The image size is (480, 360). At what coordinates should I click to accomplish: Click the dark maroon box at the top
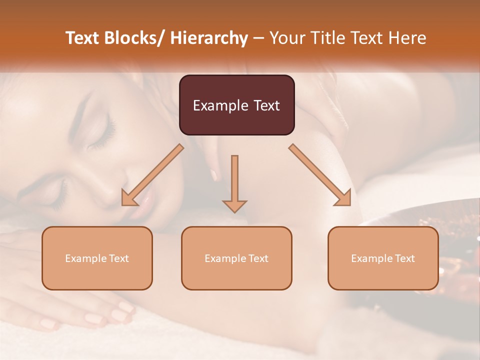coord(236,105)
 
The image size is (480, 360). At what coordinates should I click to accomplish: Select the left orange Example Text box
coord(97,258)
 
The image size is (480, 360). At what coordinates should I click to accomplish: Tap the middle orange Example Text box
coord(236,258)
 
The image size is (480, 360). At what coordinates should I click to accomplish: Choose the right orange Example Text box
coord(383,258)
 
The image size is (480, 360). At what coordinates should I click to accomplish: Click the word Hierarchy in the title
coord(209,38)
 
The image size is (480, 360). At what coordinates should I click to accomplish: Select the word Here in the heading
coord(407,38)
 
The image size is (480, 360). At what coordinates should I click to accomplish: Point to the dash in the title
coord(258,38)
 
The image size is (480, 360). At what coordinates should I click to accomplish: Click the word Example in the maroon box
coord(220,105)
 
